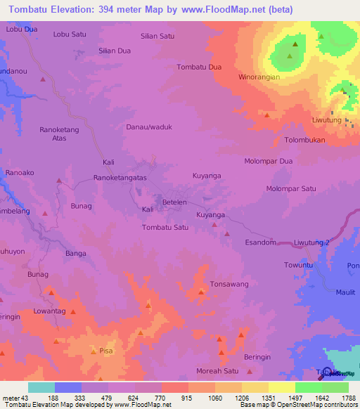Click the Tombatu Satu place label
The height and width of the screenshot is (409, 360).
click(165, 228)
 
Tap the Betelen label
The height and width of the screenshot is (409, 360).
click(174, 202)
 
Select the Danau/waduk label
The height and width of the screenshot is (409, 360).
click(149, 126)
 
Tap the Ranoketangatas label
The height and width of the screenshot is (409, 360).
click(120, 178)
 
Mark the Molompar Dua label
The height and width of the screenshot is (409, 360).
click(268, 161)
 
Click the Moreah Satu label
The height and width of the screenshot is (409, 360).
click(215, 371)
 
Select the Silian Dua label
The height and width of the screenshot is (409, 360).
click(115, 51)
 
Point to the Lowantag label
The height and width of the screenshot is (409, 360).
click(49, 311)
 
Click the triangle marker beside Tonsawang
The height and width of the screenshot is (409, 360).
click(202, 292)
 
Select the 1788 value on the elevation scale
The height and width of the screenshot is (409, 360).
click(348, 397)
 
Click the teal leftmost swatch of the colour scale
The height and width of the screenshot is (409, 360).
click(41, 387)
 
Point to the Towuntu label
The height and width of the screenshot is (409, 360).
click(298, 265)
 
